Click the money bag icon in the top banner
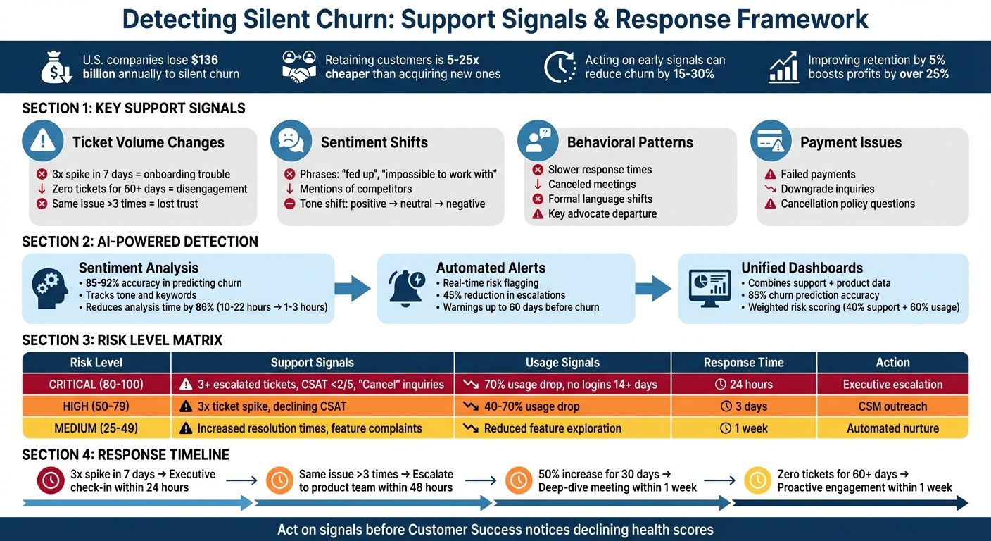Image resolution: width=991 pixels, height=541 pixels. [x=57, y=67]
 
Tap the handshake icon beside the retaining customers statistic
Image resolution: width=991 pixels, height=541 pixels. [x=298, y=66]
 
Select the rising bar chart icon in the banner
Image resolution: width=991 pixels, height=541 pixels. [x=783, y=67]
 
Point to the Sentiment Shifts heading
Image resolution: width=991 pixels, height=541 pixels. [x=374, y=142]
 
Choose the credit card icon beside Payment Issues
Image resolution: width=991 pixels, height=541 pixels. [x=771, y=142]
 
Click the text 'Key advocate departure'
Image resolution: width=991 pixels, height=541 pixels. [x=602, y=214]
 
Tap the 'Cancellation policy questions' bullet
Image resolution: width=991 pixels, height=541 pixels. [x=847, y=204]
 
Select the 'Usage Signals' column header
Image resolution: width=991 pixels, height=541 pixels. [x=562, y=363]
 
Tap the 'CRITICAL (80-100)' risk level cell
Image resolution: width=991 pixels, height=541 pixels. [x=96, y=385]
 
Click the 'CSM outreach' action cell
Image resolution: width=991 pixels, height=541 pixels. [x=892, y=406]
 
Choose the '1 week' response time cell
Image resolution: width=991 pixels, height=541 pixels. [x=743, y=428]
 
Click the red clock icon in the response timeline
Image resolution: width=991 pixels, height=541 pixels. [x=51, y=480]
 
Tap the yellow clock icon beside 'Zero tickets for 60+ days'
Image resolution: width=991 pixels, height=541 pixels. [x=757, y=480]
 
